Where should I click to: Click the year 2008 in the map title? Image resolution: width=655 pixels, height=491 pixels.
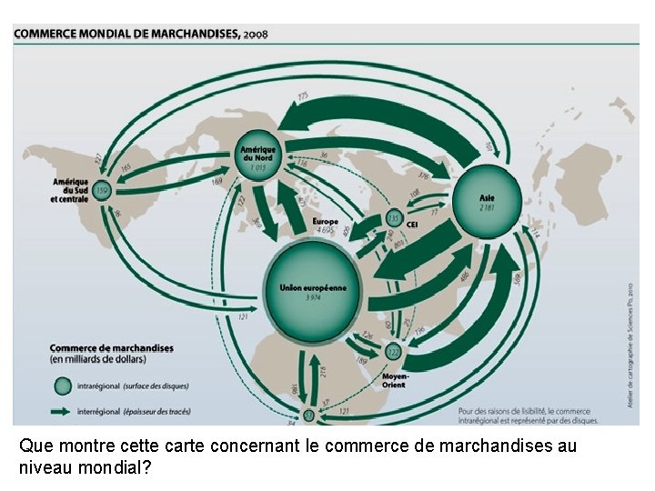[x=256, y=34]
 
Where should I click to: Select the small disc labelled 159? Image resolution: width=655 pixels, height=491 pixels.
[x=103, y=190]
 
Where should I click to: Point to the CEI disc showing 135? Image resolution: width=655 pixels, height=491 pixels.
[x=394, y=219]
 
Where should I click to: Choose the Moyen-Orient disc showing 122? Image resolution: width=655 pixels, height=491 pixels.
[x=393, y=351]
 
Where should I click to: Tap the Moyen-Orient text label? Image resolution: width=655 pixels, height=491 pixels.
[x=395, y=378]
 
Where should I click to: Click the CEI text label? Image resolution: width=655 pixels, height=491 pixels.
[x=412, y=224]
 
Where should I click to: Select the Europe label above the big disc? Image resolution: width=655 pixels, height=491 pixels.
[x=325, y=221]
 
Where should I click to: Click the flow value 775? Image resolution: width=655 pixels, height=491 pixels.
[x=303, y=95]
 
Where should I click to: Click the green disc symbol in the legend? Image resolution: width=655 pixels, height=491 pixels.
[x=61, y=386]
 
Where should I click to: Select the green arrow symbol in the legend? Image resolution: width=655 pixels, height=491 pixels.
[x=61, y=410]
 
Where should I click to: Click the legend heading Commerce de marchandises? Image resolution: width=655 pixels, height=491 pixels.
[x=111, y=347]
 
